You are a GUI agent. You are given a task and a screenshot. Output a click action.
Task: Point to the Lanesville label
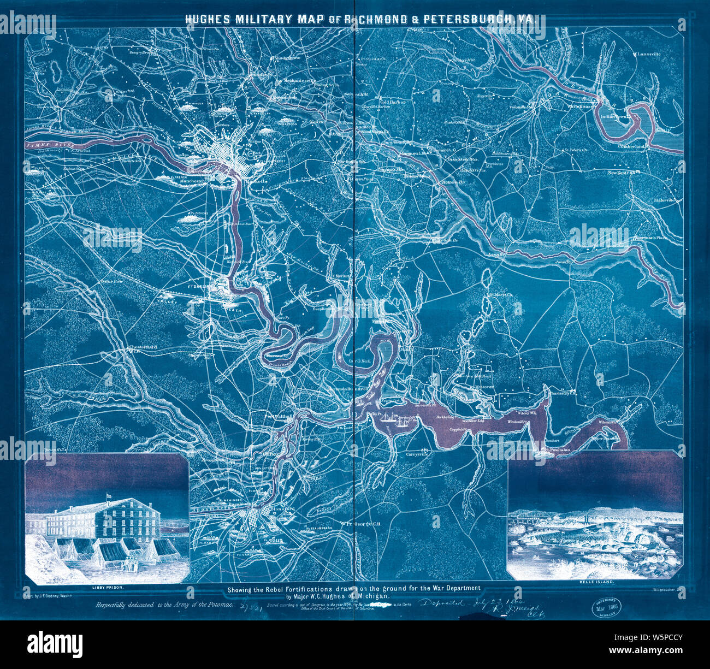pyautogui.click(x=648, y=55)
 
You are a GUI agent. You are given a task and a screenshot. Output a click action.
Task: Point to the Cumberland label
pyautogui.click(x=632, y=146)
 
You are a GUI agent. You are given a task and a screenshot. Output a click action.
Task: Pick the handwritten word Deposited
pyautogui.click(x=441, y=602)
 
